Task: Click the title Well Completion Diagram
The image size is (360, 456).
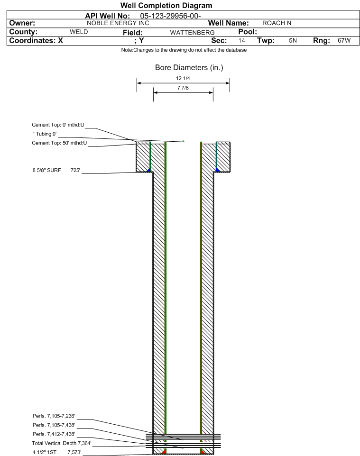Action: point(166,6)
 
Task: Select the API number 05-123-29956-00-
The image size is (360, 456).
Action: point(171,16)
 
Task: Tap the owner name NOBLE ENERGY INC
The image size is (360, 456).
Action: point(118,23)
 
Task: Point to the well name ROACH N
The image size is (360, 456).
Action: point(277,23)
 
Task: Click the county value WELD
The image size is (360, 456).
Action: point(79,32)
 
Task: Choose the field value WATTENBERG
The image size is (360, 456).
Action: point(193,33)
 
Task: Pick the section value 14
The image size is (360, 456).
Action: point(241,41)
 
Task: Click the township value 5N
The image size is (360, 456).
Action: point(293,41)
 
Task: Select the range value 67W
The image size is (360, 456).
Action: point(344,41)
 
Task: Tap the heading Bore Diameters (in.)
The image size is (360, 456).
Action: point(189,68)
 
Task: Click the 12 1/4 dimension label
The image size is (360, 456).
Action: point(183,79)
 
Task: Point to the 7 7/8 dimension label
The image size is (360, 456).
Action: point(183,88)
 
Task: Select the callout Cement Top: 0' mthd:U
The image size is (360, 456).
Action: point(58,125)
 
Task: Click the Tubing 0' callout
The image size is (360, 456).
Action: point(45,134)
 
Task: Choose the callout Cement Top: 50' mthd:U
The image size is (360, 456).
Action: point(59,143)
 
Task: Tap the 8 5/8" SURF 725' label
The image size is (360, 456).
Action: point(56,171)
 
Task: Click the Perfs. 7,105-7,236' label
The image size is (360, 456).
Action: point(54,416)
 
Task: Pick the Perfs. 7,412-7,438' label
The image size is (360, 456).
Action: point(54,434)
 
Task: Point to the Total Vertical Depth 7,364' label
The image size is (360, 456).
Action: point(62,444)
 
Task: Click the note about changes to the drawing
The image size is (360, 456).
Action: point(184,50)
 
